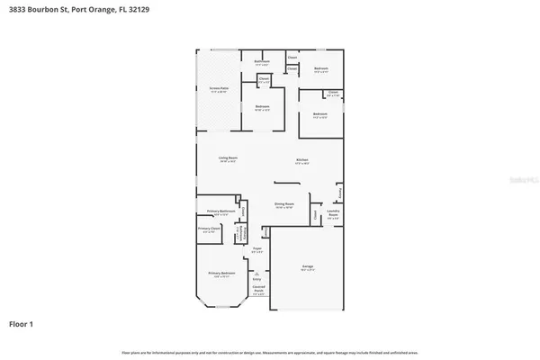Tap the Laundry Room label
pos(333,214)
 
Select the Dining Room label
pos(285,206)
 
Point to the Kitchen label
pos(302,161)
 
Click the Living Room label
pos(228,158)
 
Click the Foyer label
pos(256,249)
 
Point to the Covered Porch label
pos(257,291)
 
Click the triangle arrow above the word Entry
pos(256,273)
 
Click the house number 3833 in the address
pos(16,10)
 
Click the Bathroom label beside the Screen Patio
pos(263,63)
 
